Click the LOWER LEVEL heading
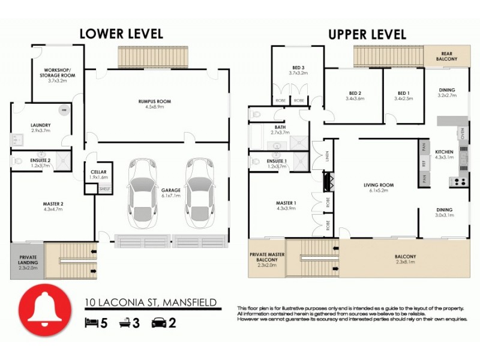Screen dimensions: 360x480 coord(121,34)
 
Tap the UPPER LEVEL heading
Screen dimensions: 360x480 coord(367,34)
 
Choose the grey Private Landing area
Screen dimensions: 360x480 coord(27,261)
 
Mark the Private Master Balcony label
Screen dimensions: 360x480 coord(266,258)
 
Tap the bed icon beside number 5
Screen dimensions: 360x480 coord(91,323)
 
